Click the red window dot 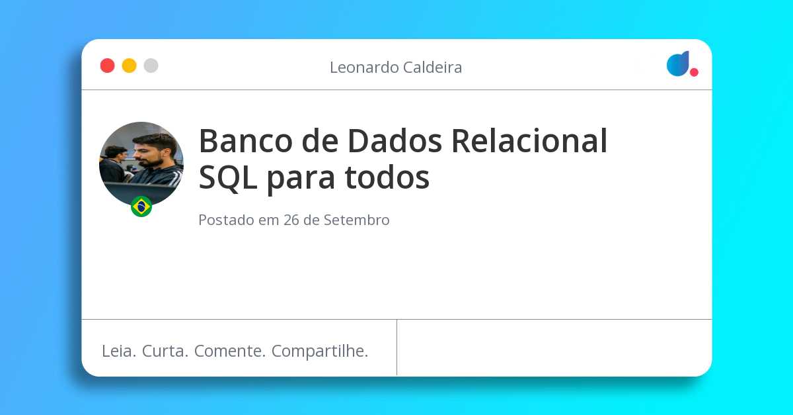point(107,66)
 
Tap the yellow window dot point(129,66)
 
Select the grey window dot point(151,66)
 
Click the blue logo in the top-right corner point(678,64)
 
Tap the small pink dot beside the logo point(694,72)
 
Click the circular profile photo point(141,163)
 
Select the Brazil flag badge point(141,207)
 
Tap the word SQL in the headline point(228,177)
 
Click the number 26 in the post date point(291,220)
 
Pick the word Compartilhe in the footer point(320,351)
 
